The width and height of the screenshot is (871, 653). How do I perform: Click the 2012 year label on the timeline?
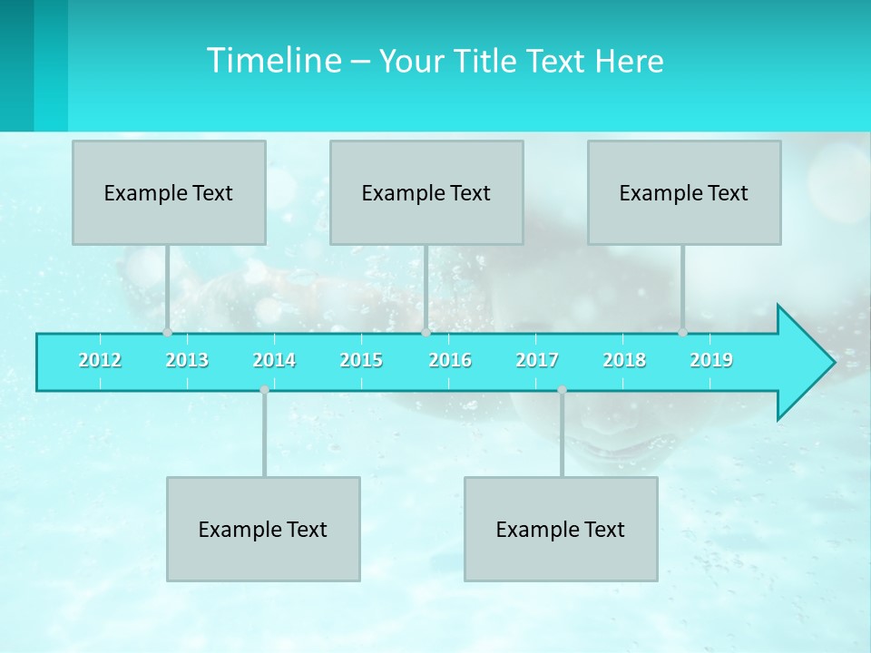[x=100, y=360]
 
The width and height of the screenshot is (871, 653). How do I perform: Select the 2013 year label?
[x=187, y=360]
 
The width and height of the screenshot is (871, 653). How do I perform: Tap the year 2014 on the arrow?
[x=274, y=360]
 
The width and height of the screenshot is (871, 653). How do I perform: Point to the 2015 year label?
[x=361, y=360]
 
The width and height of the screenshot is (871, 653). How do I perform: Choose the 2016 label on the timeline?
[x=450, y=360]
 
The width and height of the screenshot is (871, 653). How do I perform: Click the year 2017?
[x=537, y=360]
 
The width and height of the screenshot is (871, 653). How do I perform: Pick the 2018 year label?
[x=624, y=360]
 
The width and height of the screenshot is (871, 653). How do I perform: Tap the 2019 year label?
[x=711, y=360]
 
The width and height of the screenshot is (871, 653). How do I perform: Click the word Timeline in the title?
[x=272, y=61]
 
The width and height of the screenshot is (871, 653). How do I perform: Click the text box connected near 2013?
[x=169, y=192]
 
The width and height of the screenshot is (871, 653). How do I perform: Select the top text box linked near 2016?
[x=426, y=192]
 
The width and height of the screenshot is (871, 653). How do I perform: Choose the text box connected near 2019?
[x=684, y=192]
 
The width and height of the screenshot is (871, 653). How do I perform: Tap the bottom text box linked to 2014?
[x=263, y=529]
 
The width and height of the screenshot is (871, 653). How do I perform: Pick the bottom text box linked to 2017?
[x=561, y=529]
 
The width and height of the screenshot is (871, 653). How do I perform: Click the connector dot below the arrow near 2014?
[x=264, y=390]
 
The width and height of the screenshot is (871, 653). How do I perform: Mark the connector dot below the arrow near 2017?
[x=562, y=390]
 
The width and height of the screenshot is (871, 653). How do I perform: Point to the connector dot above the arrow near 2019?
[x=683, y=333]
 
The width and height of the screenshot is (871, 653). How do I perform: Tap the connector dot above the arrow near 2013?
[x=167, y=333]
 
